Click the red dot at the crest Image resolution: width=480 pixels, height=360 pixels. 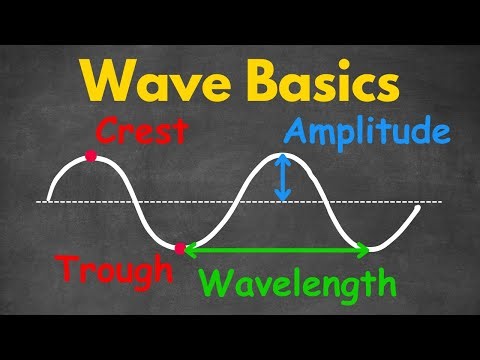tap(91, 156)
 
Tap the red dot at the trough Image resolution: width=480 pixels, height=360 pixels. tap(180, 247)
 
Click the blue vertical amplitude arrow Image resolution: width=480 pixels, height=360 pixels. tap(283, 177)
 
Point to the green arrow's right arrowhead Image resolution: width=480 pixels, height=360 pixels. tap(364, 248)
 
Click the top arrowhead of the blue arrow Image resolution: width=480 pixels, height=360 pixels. tap(283, 158)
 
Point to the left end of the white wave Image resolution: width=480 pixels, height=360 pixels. tap(48, 196)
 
